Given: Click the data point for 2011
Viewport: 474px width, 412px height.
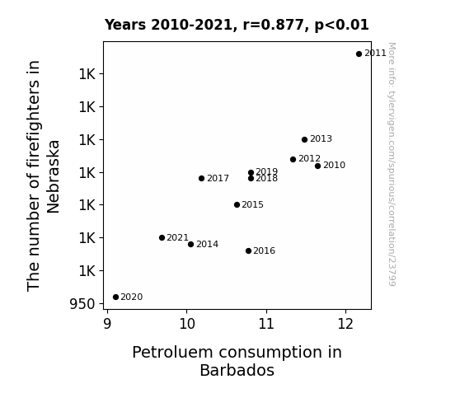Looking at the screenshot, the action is point(359,54).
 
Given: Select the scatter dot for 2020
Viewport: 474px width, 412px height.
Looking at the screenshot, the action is point(115,297).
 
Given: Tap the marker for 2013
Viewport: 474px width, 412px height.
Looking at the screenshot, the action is point(304,139).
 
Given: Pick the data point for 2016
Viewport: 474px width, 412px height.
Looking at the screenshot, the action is point(248,250).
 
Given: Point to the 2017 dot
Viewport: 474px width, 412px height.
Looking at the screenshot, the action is point(201,178).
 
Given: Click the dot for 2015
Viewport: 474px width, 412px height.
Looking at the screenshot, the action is point(237,205).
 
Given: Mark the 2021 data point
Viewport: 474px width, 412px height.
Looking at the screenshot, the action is point(162,238).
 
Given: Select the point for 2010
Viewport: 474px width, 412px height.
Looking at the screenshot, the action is point(317,166).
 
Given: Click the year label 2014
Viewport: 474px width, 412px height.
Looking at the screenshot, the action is point(208,244).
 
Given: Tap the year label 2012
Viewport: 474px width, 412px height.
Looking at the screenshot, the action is point(309,159).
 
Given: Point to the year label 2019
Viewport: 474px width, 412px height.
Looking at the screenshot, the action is point(266,172).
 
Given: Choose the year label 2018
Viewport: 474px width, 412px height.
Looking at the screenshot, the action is point(266,179).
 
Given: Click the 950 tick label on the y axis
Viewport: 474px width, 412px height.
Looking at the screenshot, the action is point(82,304).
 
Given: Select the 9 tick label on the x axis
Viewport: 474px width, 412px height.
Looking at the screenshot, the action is point(107,324).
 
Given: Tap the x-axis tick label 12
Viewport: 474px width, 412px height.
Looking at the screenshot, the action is point(345,324).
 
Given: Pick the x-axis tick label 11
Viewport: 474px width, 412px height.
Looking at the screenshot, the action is point(266,324).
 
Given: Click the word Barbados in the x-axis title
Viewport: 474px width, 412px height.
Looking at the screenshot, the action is point(237,370).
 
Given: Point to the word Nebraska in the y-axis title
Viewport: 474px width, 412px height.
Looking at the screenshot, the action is point(54,177).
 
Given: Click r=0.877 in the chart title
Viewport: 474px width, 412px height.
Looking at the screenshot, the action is point(273,25).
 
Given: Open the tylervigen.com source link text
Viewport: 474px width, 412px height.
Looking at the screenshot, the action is point(392,164).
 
